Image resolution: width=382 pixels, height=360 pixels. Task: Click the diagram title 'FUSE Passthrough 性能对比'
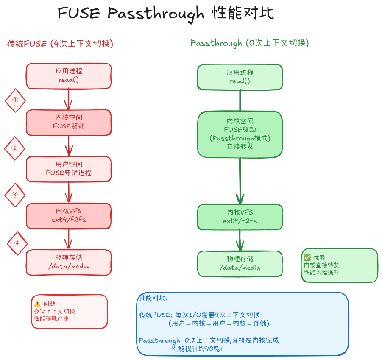tap(166, 14)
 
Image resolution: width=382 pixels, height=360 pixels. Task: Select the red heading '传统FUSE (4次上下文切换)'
tap(60, 44)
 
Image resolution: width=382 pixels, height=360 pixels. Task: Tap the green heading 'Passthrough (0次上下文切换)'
tap(249, 43)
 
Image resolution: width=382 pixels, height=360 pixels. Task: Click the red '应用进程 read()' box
tap(69, 76)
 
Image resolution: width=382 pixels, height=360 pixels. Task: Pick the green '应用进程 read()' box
tap(240, 77)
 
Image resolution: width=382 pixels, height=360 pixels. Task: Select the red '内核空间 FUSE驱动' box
tap(69, 122)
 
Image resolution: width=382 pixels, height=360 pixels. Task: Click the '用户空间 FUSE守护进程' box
tap(69, 169)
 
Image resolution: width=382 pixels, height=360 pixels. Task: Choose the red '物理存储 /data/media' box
tap(69, 262)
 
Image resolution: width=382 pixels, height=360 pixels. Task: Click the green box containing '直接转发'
tap(240, 134)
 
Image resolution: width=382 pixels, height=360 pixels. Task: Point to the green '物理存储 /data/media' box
tap(240, 263)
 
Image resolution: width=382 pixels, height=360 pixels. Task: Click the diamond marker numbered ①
tap(15, 101)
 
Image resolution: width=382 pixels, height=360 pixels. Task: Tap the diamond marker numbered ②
tap(14, 148)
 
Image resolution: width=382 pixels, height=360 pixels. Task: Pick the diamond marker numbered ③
tap(15, 195)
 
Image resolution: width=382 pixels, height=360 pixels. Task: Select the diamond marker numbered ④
tap(17, 243)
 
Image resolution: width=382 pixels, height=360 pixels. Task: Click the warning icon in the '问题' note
tap(37, 304)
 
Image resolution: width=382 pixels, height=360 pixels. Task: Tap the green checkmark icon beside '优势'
tap(307, 257)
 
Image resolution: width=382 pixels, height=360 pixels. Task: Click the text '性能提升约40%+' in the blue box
tap(197, 349)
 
